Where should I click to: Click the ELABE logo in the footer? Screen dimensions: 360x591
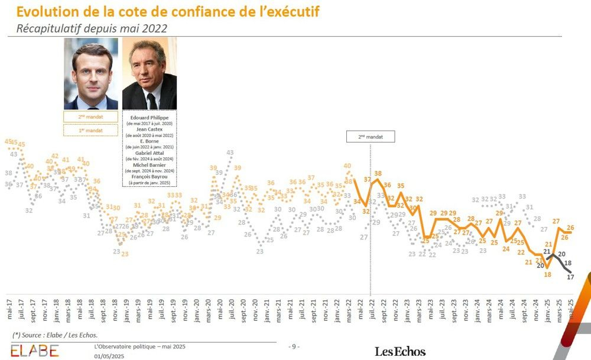(x=34, y=350)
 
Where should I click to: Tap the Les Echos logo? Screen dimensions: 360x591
(x=400, y=351)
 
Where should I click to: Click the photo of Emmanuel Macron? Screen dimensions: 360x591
(x=91, y=73)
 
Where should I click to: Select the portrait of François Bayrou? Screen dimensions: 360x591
(x=150, y=73)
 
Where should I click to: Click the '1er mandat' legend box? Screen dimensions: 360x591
(x=90, y=130)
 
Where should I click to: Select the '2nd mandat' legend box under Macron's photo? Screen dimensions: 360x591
(x=90, y=117)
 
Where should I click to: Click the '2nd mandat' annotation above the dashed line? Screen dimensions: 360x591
(x=370, y=137)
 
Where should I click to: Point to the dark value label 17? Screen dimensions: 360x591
(x=570, y=276)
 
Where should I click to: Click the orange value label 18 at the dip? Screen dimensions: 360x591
(x=548, y=274)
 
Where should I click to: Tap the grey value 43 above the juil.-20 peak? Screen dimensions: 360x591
(x=230, y=153)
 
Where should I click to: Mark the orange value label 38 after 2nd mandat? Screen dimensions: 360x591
(x=378, y=174)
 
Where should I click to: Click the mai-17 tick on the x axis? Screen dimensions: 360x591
(x=8, y=306)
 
